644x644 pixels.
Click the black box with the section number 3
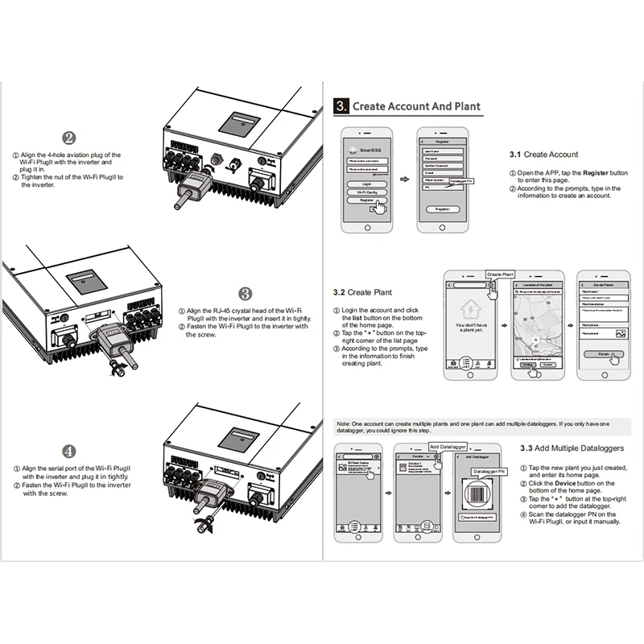pyautogui.click(x=341, y=106)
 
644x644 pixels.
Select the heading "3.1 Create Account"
pyautogui.click(x=544, y=155)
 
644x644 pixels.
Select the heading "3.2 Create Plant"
pyautogui.click(x=363, y=292)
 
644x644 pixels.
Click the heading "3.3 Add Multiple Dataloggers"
pyautogui.click(x=572, y=448)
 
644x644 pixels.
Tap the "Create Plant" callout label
pyautogui.click(x=500, y=275)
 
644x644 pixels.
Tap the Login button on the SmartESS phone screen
pyautogui.click(x=367, y=184)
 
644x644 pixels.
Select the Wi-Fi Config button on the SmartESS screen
pyautogui.click(x=367, y=193)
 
